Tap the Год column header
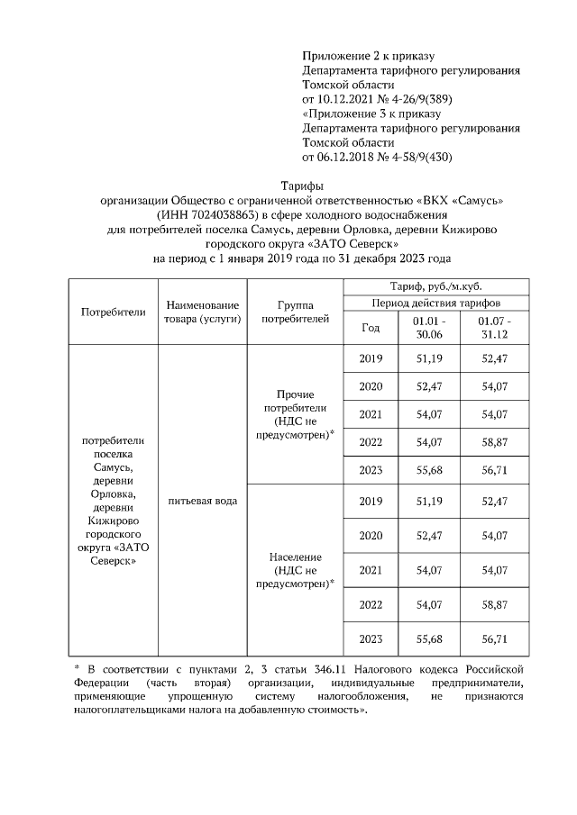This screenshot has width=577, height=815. click(x=371, y=328)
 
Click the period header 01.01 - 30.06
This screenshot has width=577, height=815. click(x=427, y=327)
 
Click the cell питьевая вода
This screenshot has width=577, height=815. click(x=202, y=501)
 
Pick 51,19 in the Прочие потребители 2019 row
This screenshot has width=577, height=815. click(x=427, y=358)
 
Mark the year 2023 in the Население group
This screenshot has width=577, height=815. click(x=371, y=638)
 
